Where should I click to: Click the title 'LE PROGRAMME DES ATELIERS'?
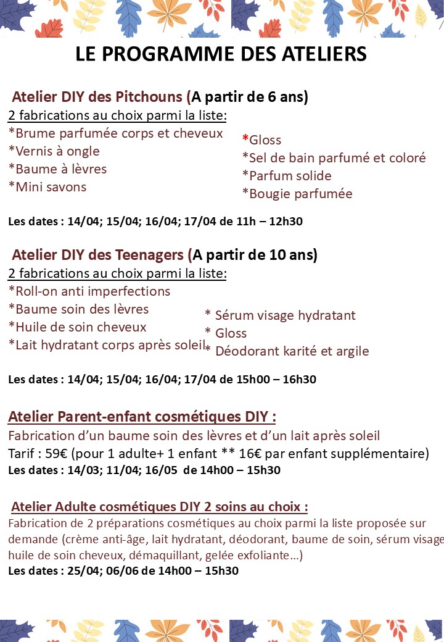click(x=221, y=54)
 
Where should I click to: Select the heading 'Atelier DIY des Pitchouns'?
click(x=97, y=97)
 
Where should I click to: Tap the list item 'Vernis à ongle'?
click(x=54, y=151)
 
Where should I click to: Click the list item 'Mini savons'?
click(x=47, y=186)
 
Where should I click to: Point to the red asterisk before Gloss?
click(x=245, y=139)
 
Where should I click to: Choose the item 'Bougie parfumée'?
click(x=297, y=194)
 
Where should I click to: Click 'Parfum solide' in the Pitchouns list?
click(x=287, y=176)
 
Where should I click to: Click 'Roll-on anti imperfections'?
click(x=89, y=291)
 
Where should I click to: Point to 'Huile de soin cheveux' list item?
click(x=77, y=327)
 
